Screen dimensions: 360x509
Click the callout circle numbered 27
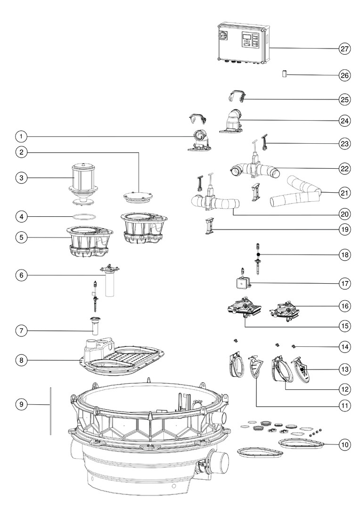[345, 49]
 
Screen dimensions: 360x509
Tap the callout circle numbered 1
[21, 136]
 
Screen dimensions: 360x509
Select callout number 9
[21, 404]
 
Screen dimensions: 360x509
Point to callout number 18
[345, 255]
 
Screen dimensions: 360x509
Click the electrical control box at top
[243, 42]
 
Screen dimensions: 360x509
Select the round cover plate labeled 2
[138, 197]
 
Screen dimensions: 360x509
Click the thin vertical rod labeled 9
[50, 410]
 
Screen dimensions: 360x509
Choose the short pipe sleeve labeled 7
[96, 326]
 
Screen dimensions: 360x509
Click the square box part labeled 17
[243, 283]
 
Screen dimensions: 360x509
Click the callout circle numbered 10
[345, 444]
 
